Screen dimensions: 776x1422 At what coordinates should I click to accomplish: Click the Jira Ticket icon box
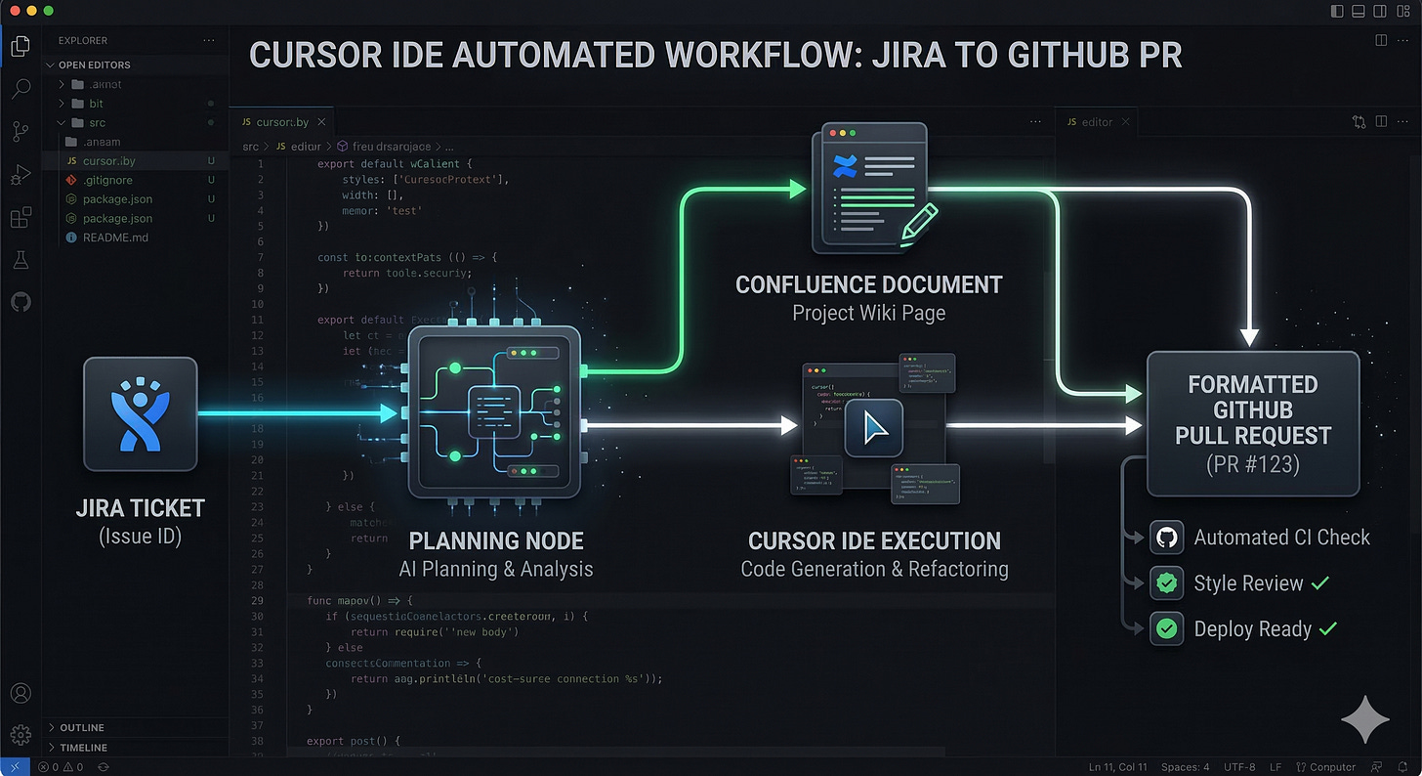(141, 413)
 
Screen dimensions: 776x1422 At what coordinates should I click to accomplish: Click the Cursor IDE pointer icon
(874, 427)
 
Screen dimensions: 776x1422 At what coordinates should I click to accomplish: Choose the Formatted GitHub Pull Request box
(1252, 423)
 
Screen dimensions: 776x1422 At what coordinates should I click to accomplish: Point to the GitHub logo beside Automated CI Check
(1166, 538)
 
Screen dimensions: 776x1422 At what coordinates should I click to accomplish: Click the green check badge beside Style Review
(1166, 583)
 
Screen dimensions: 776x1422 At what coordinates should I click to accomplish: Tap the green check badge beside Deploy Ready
(1166, 628)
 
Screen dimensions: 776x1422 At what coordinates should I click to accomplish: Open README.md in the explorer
(114, 237)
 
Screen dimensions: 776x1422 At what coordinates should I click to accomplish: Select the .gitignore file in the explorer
(107, 180)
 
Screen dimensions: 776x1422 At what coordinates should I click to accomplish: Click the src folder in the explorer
(96, 123)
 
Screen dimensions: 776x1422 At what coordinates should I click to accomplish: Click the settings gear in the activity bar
(21, 733)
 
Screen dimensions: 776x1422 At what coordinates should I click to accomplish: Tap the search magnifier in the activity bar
(21, 90)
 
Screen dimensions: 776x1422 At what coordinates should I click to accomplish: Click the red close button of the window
(13, 10)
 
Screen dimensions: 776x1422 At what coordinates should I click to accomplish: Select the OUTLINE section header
(82, 727)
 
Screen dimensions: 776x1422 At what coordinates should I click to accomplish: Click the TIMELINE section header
(83, 748)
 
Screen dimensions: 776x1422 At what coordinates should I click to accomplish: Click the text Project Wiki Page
(868, 314)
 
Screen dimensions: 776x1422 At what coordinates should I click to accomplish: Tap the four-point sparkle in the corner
(1364, 721)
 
